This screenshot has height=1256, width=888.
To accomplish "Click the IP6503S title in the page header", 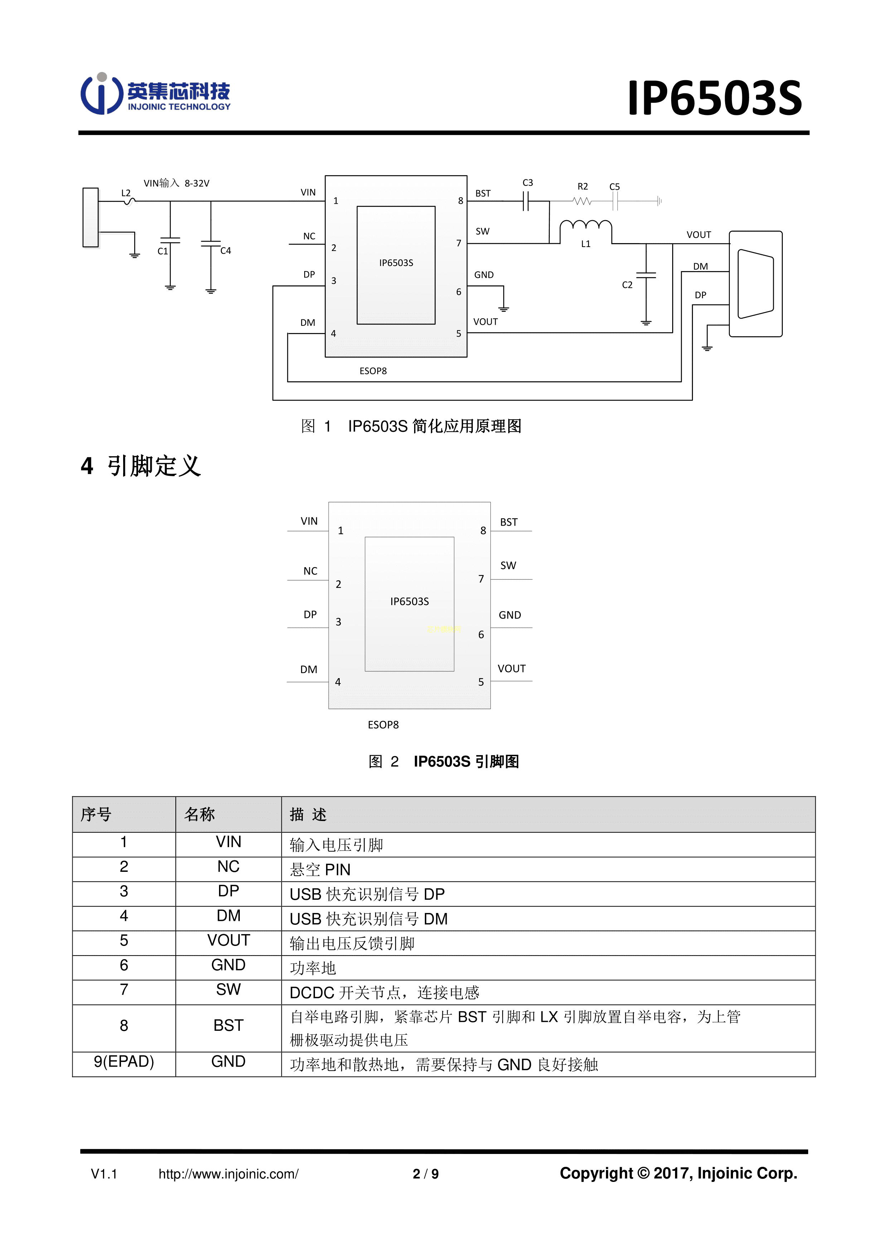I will [714, 98].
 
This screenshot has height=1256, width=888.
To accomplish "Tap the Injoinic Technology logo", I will [156, 94].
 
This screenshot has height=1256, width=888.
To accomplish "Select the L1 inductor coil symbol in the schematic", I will [586, 225].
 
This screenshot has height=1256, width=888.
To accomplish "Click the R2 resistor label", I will [583, 187].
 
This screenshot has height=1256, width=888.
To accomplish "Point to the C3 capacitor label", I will [528, 183].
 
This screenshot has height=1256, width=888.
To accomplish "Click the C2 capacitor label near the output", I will [627, 285].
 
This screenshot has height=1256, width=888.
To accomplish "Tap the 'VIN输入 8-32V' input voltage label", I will [176, 183].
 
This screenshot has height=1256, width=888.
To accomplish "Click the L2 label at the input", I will [126, 193].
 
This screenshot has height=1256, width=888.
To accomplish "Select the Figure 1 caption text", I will [411, 426].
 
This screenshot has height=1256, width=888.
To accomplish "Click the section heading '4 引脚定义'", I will [141, 466].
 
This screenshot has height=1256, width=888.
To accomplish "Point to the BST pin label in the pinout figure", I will [509, 522].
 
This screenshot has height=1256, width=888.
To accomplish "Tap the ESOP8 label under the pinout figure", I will [383, 725].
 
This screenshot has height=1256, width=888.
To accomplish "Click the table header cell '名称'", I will [200, 815].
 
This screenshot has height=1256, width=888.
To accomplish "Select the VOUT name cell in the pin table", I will [229, 940].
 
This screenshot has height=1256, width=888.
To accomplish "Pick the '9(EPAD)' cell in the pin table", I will [124, 1062].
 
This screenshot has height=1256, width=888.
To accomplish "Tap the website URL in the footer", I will [229, 1174].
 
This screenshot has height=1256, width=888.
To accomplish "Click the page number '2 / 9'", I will [426, 1174].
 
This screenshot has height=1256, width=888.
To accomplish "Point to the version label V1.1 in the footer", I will [104, 1174].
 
